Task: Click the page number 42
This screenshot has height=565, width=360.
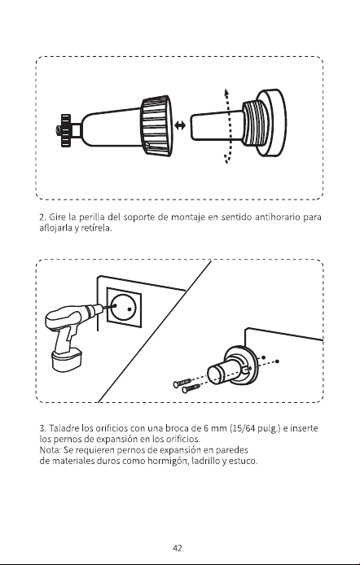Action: pyautogui.click(x=178, y=548)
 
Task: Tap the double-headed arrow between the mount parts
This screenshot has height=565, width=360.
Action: pyautogui.click(x=180, y=125)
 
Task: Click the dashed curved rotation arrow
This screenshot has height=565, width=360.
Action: pyautogui.click(x=226, y=125)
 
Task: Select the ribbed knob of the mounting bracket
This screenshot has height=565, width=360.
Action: pyautogui.click(x=156, y=125)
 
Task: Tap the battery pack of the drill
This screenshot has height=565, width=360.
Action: pyautogui.click(x=67, y=359)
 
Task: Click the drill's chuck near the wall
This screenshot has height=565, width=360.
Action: pyautogui.click(x=96, y=309)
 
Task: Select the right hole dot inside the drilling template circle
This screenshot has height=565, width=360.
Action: pyautogui.click(x=130, y=309)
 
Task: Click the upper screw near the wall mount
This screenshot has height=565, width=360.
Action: pyautogui.click(x=182, y=383)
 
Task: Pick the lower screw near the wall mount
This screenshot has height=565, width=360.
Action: pyautogui.click(x=191, y=388)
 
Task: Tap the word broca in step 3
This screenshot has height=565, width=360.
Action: pyautogui.click(x=178, y=428)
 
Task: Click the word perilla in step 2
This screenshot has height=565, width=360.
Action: pyautogui.click(x=92, y=217)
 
